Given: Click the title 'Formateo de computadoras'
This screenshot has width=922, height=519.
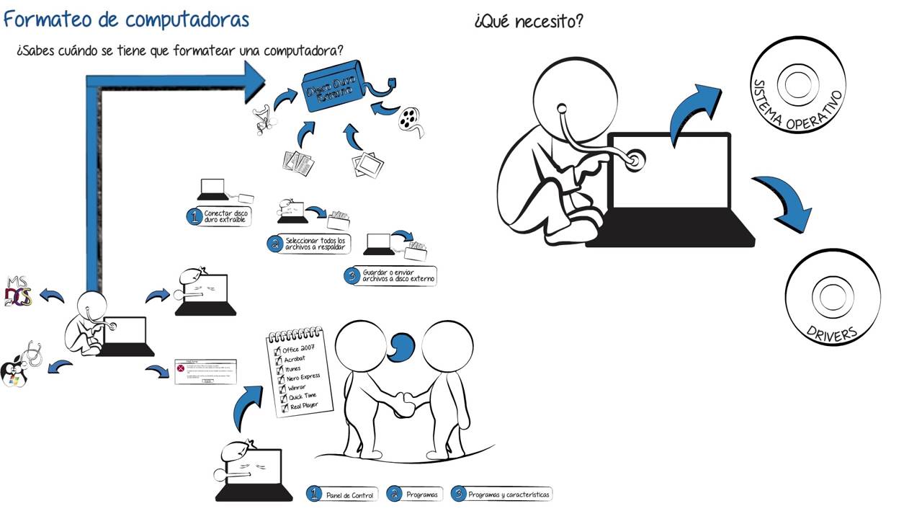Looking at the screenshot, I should pyautogui.click(x=126, y=19).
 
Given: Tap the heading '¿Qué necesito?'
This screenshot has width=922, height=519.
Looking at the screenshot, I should pyautogui.click(x=528, y=22).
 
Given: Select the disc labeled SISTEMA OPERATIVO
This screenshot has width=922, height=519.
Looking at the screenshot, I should pyautogui.click(x=797, y=86).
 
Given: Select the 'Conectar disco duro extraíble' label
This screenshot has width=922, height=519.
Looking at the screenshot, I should pyautogui.click(x=227, y=216).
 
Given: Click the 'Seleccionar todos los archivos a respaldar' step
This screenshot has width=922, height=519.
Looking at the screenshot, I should pyautogui.click(x=315, y=244).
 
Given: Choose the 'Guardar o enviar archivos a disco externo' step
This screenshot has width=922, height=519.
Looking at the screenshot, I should pyautogui.click(x=398, y=276).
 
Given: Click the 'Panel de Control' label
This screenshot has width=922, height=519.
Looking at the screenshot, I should pyautogui.click(x=349, y=495).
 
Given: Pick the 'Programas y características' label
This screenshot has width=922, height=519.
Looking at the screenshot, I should pyautogui.click(x=508, y=495).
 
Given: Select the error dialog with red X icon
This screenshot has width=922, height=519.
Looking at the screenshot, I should pyautogui.click(x=205, y=371).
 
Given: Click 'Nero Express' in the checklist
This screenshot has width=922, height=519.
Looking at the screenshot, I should pyautogui.click(x=303, y=377).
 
